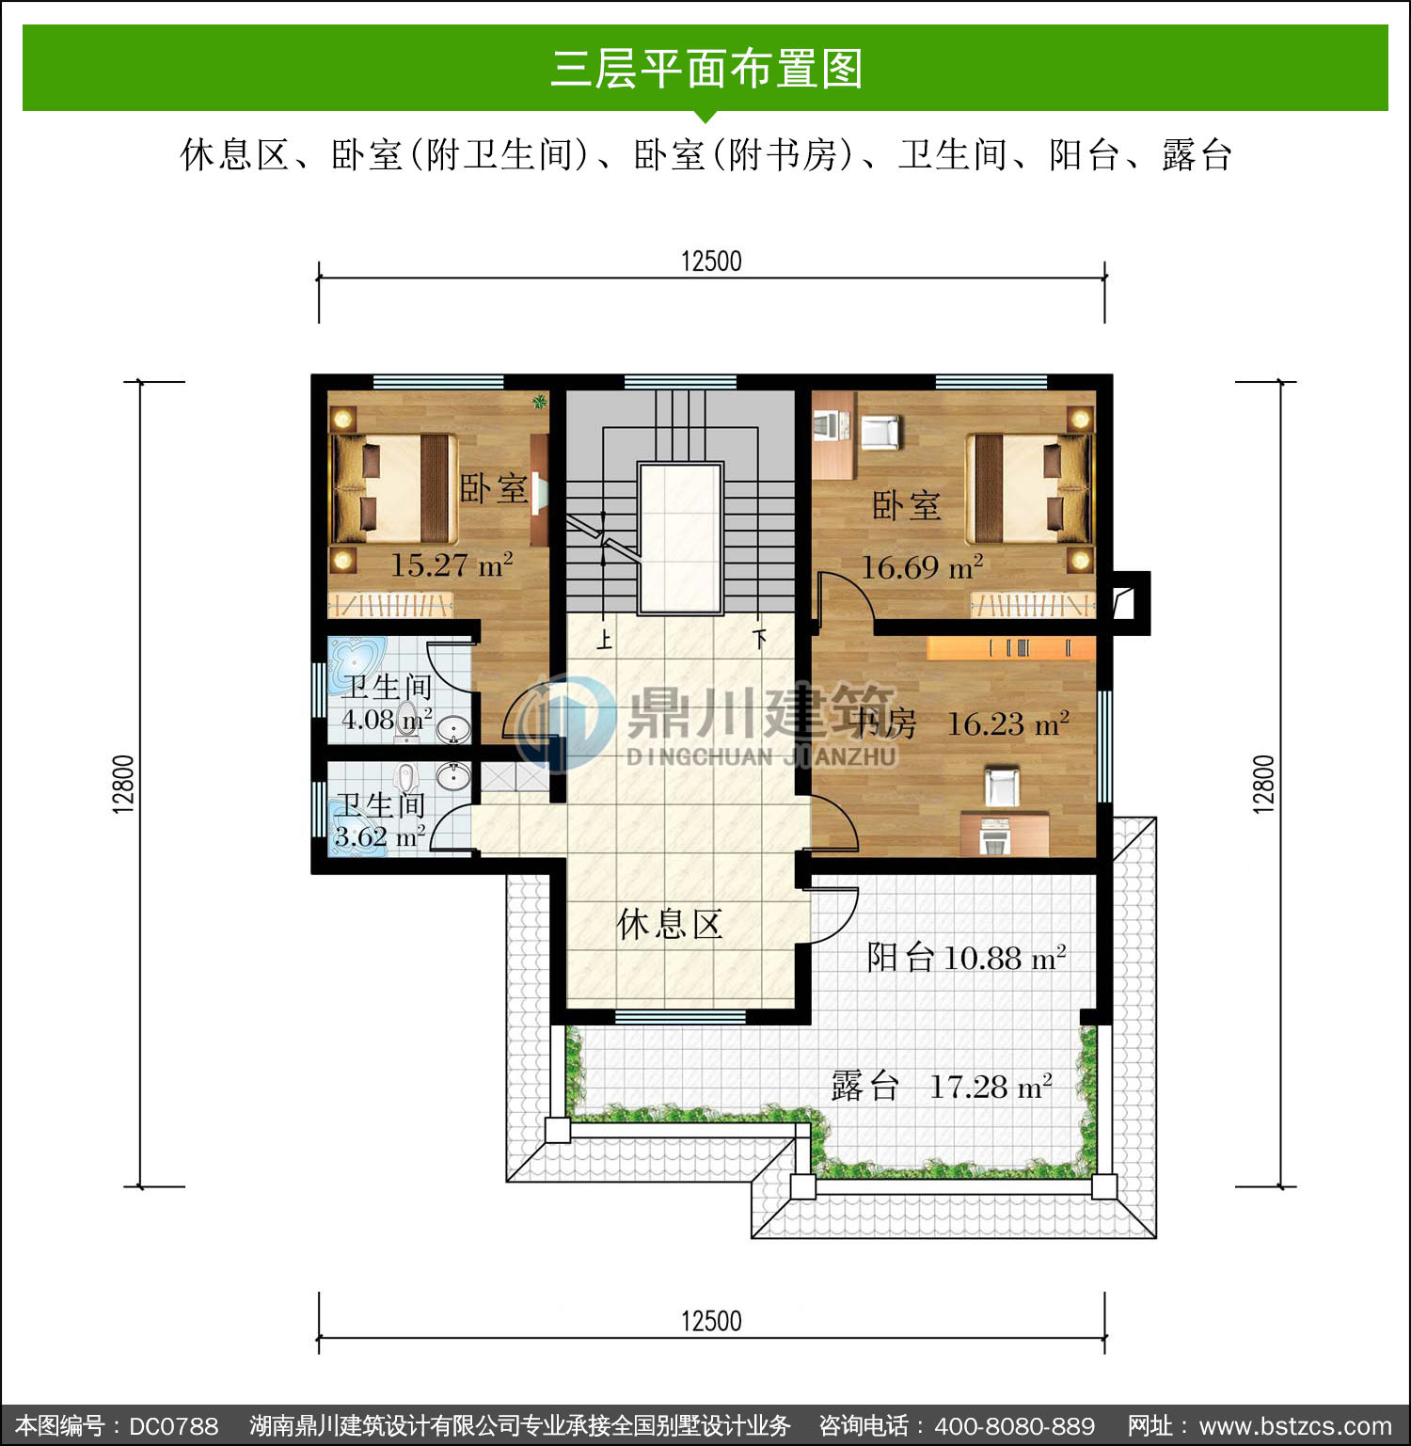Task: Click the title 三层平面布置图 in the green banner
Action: coord(706,69)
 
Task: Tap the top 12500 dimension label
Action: coord(711,261)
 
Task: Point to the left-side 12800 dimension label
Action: coord(123,783)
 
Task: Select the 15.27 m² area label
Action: coord(452,564)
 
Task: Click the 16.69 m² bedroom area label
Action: coord(923,566)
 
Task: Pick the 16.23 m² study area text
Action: coord(1007,723)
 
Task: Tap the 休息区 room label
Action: coord(670,924)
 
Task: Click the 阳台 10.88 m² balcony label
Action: coord(966,957)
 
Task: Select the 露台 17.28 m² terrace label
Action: coord(942,1087)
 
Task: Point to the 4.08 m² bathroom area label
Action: coord(387,720)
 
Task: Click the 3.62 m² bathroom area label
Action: coord(380,835)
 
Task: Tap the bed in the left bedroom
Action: coord(391,489)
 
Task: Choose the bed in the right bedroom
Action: coord(1031,489)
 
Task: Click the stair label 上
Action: coord(604,641)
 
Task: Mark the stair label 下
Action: coord(760,639)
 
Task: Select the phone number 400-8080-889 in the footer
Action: coord(1014,1426)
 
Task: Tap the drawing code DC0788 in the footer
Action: coord(173,1426)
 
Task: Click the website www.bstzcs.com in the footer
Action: coord(1295,1426)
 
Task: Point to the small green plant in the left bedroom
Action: coord(540,403)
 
